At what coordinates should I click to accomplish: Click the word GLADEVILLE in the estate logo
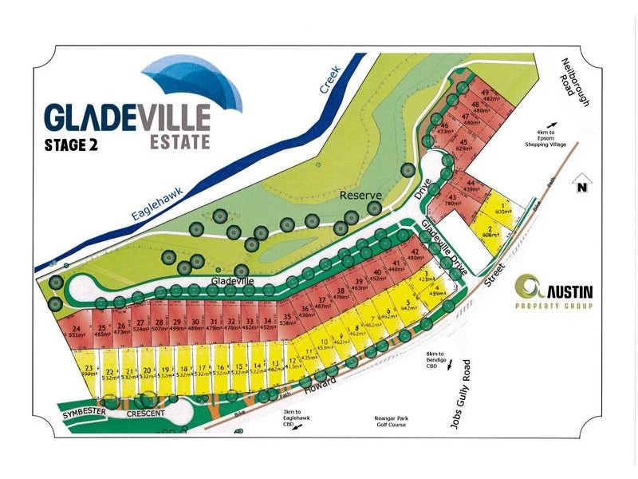pyautogui.click(x=127, y=117)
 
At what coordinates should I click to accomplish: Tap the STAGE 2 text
pyautogui.click(x=77, y=145)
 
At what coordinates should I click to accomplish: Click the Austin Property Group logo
pyautogui.click(x=554, y=291)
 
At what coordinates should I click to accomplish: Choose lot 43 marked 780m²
pyautogui.click(x=451, y=200)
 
